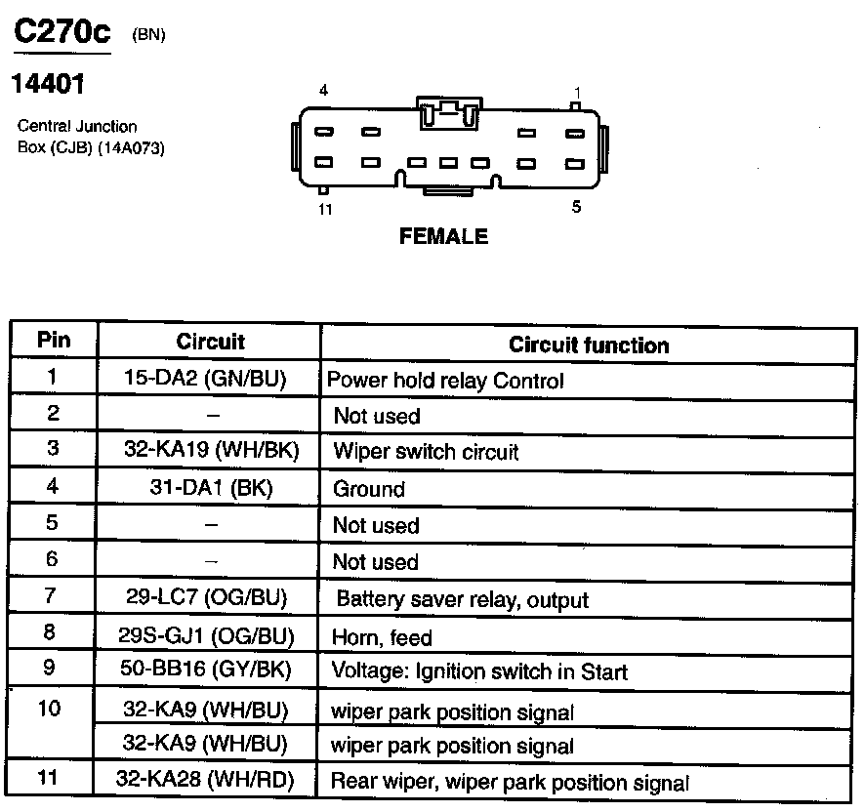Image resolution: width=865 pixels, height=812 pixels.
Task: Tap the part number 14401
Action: [47, 85]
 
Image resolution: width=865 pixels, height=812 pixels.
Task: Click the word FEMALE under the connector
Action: [443, 236]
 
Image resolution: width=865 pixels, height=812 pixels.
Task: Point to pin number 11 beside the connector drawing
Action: [325, 210]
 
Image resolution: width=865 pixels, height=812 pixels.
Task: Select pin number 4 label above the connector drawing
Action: [323, 91]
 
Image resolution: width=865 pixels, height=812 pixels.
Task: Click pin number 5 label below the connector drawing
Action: [576, 207]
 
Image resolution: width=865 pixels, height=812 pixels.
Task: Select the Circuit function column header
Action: [589, 345]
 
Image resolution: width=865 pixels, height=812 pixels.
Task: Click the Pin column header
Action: [54, 341]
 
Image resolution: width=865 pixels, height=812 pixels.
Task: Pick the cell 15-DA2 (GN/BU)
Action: [211, 380]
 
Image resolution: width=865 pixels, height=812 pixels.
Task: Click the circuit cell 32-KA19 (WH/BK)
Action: [211, 451]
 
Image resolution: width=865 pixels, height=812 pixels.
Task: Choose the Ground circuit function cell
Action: [369, 489]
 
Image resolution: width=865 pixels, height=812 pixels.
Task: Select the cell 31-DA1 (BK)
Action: [211, 488]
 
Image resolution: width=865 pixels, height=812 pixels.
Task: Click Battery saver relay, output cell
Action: [462, 599]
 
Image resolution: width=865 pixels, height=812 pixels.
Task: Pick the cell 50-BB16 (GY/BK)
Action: [211, 671]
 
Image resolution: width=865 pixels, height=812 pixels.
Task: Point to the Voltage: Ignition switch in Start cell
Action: [479, 672]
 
